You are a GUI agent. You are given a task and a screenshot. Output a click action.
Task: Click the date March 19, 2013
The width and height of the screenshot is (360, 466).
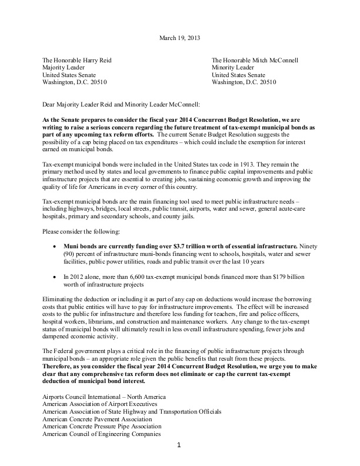(x=179, y=39)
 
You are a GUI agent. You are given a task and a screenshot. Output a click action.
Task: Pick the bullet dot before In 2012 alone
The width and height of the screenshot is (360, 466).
(x=55, y=276)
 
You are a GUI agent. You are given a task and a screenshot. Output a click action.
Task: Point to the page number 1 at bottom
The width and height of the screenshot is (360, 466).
(x=180, y=461)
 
